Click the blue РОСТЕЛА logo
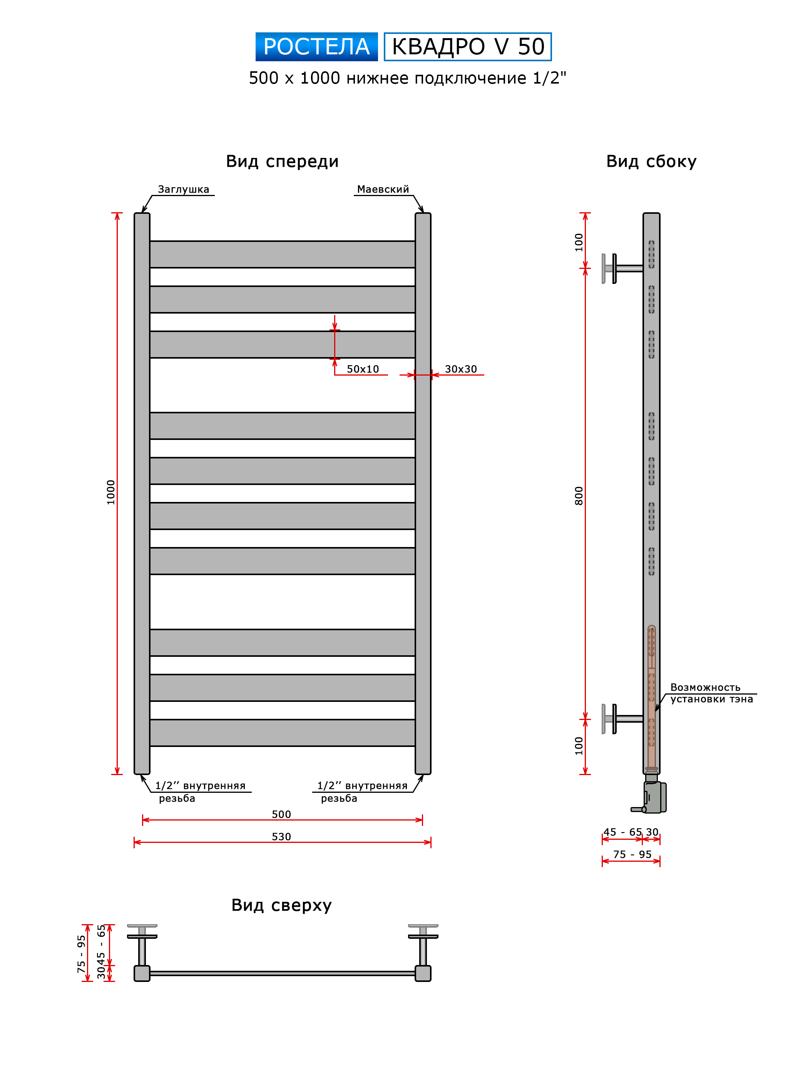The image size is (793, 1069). pos(316,47)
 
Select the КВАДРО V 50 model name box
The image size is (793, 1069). pos(468,47)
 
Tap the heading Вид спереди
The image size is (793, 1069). pos(282,161)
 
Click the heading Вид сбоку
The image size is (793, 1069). pos(651,161)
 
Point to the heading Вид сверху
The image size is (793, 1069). pos(282,905)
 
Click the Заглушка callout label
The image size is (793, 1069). pos(183,189)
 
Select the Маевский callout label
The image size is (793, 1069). pos(383,189)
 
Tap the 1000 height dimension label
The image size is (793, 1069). pos(111,492)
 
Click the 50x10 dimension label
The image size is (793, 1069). pos(363,369)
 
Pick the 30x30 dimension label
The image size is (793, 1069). pos(461,369)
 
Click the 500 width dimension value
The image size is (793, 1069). pos(281,814)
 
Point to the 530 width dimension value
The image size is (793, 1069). pos(281,837)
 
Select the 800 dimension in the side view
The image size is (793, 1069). pos(579,496)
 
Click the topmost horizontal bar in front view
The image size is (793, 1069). pos(282,254)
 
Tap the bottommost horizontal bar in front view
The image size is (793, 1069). pos(282,732)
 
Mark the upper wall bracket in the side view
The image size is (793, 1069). pos(622,269)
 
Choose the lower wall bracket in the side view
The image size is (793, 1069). pos(622,719)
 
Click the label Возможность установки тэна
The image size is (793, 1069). pos(711,693)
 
